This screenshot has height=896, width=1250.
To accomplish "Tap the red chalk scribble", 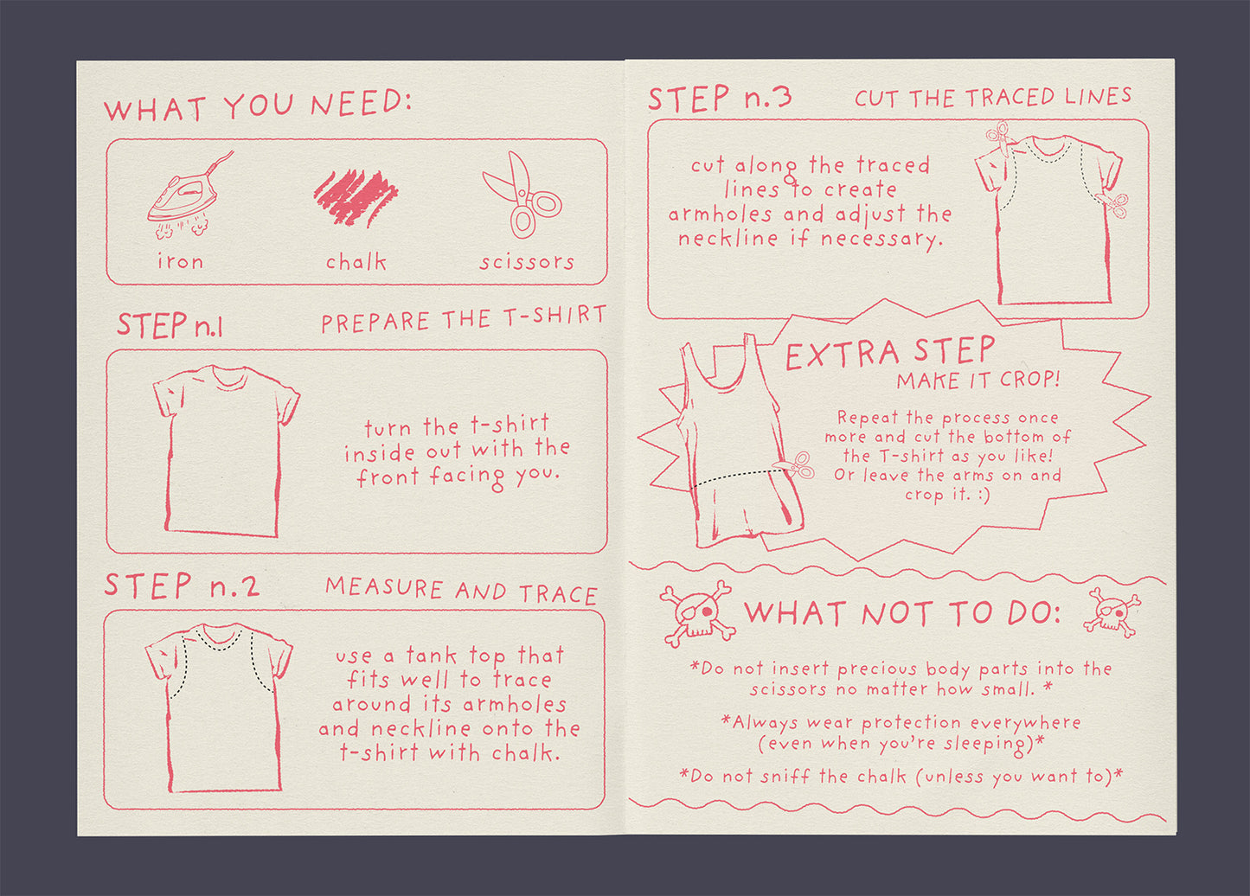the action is point(356,197).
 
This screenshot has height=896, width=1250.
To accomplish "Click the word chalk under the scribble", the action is point(356,261).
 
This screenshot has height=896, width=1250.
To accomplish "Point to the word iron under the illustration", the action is point(181,261).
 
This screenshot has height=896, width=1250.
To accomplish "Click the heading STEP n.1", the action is point(170,325).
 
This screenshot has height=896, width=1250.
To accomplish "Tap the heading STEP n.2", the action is point(183,586).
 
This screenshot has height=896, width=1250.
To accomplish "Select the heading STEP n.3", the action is point(720,98).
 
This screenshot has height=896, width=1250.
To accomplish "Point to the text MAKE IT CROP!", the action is point(978,380).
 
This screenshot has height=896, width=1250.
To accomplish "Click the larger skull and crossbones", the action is point(697,614).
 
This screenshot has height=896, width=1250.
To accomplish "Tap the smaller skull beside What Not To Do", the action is point(1112,612).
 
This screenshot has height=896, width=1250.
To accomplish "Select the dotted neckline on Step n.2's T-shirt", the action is point(219,641).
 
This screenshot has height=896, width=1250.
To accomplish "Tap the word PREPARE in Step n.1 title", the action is point(375,322).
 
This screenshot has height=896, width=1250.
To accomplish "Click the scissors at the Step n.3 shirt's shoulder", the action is point(1001,138).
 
